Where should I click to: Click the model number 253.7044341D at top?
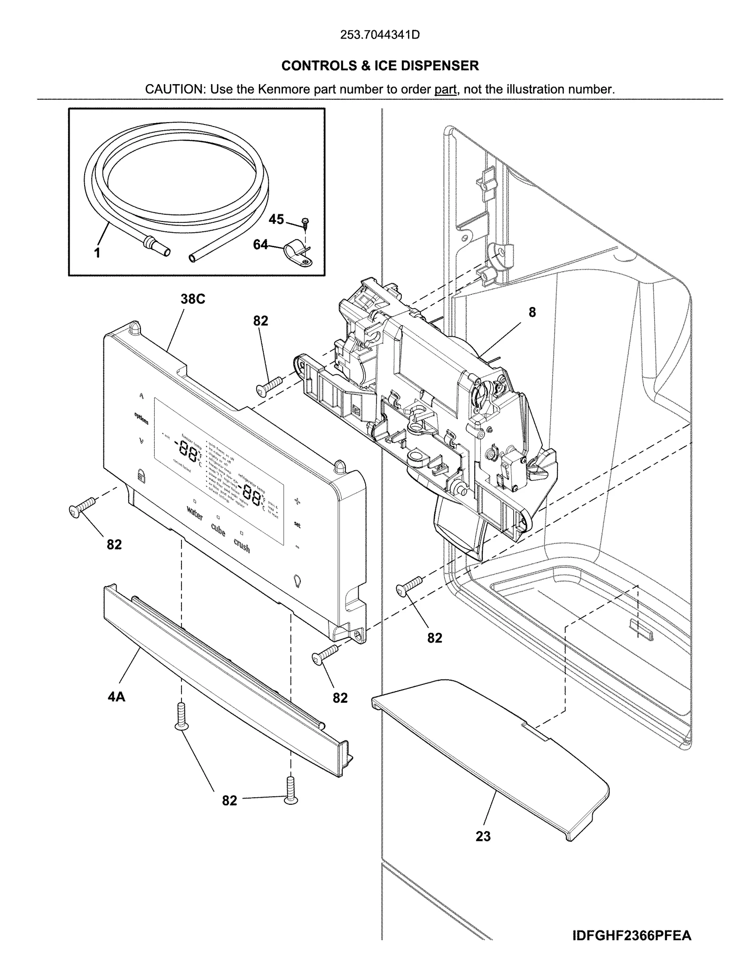pyautogui.click(x=379, y=35)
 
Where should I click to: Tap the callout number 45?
pyautogui.click(x=276, y=219)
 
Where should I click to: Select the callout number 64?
pyautogui.click(x=260, y=244)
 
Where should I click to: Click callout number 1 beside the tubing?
pyautogui.click(x=97, y=253)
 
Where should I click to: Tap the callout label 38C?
pyautogui.click(x=193, y=299)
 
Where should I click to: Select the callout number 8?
pyautogui.click(x=532, y=312)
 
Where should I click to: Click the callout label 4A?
pyautogui.click(x=117, y=697)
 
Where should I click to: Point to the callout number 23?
pyautogui.click(x=483, y=836)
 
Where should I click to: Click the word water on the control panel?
pyautogui.click(x=195, y=513)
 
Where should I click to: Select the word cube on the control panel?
pyautogui.click(x=218, y=530)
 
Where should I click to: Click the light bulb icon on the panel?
pyautogui.click(x=298, y=580)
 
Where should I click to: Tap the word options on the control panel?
pyautogui.click(x=141, y=418)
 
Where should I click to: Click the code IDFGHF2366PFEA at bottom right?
pyautogui.click(x=632, y=935)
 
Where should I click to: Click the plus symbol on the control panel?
pyautogui.click(x=297, y=502)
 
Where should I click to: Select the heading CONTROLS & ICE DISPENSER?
pyautogui.click(x=380, y=66)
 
